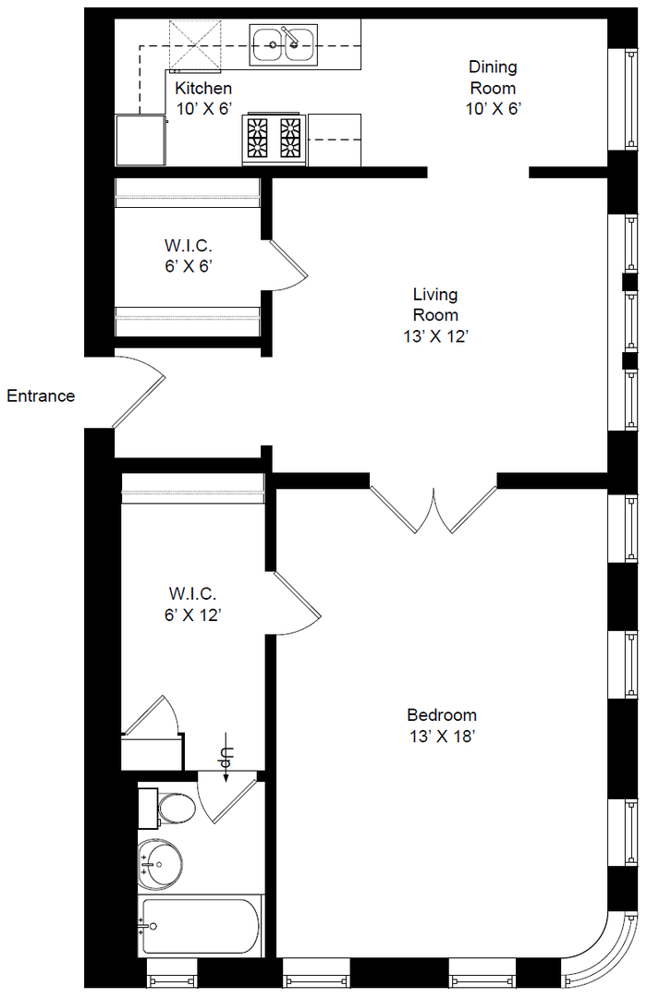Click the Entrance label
point(41,396)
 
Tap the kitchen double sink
point(284,44)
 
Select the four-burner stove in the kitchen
point(274,140)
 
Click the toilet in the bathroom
point(167,809)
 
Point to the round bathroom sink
point(159,864)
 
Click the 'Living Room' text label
point(435,304)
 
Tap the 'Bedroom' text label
point(442,714)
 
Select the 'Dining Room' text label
point(493,77)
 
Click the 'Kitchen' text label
point(203,88)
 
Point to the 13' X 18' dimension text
point(443,736)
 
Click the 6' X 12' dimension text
point(192,615)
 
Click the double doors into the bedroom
point(433,509)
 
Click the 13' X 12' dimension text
point(435,336)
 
